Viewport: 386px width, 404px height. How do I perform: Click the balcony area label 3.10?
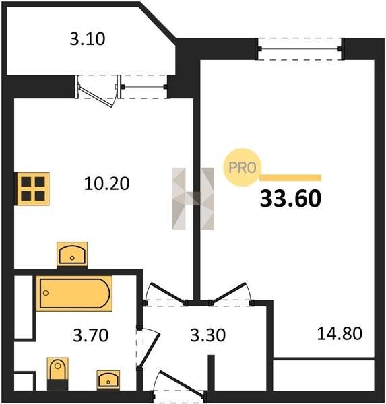(88, 39)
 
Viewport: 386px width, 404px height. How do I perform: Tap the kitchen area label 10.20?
(106, 184)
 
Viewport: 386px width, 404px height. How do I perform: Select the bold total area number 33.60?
(290, 199)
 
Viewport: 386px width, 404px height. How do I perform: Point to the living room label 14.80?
(340, 333)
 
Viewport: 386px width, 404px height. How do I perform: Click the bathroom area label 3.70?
(90, 335)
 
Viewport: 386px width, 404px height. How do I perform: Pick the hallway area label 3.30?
(208, 335)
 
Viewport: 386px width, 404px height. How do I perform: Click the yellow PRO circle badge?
(243, 168)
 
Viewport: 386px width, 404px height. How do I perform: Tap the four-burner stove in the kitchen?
(33, 189)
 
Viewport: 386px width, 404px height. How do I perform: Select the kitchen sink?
(72, 255)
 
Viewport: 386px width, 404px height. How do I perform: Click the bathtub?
(74, 294)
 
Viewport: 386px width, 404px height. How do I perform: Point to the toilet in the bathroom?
(58, 372)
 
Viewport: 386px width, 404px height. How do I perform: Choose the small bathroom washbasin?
(108, 380)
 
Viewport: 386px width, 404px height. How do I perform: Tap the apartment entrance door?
(182, 382)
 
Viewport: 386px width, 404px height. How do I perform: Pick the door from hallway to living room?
(229, 292)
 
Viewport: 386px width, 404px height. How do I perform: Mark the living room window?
(300, 48)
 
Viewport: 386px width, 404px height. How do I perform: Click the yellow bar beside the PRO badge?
(290, 178)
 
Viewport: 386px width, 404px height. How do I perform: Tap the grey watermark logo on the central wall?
(193, 199)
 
